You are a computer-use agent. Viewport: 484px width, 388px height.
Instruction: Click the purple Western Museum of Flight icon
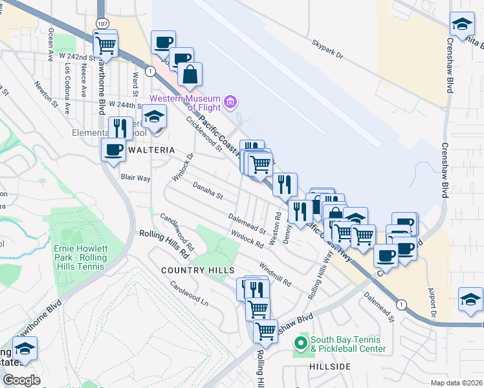tap(230, 102)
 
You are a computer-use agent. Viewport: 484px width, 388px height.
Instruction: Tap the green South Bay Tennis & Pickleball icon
tap(300, 343)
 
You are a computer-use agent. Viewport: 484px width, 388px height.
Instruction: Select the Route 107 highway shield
tap(102, 23)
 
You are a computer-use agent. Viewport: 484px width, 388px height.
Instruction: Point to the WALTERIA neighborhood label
tap(152, 150)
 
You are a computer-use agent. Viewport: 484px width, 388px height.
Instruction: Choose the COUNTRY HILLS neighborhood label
tap(189, 270)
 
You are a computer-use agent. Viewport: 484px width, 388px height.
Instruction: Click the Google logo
tap(21, 380)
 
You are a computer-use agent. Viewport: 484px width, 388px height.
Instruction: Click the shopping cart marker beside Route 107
tap(105, 45)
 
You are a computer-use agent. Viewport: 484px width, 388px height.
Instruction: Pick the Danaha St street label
tap(208, 191)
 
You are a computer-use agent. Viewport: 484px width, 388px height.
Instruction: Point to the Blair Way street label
tap(135, 177)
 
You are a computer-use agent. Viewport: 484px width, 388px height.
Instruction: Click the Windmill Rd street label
tap(275, 275)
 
